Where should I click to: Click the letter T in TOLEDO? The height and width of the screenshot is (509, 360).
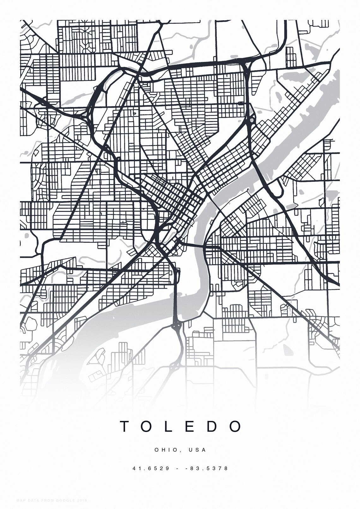click(124, 426)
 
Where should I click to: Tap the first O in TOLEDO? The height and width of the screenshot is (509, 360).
click(147, 426)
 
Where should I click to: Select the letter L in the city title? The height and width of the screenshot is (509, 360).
click(169, 426)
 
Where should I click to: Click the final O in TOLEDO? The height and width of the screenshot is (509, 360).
click(235, 426)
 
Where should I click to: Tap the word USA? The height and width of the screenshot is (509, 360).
click(197, 450)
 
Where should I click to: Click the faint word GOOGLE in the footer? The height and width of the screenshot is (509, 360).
click(65, 500)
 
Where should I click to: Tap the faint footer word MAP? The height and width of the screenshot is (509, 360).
click(21, 500)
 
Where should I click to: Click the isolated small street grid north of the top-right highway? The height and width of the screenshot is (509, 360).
click(291, 57)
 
